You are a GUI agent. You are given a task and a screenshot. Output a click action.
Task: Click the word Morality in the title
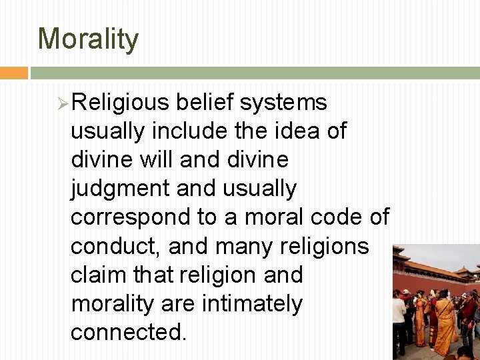[88, 39]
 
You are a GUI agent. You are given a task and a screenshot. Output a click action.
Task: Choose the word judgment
[120, 189]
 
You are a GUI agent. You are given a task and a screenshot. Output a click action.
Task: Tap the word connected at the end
[127, 332]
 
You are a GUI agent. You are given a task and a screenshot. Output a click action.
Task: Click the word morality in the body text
[117, 303]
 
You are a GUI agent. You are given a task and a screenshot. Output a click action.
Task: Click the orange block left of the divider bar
[13, 73]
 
